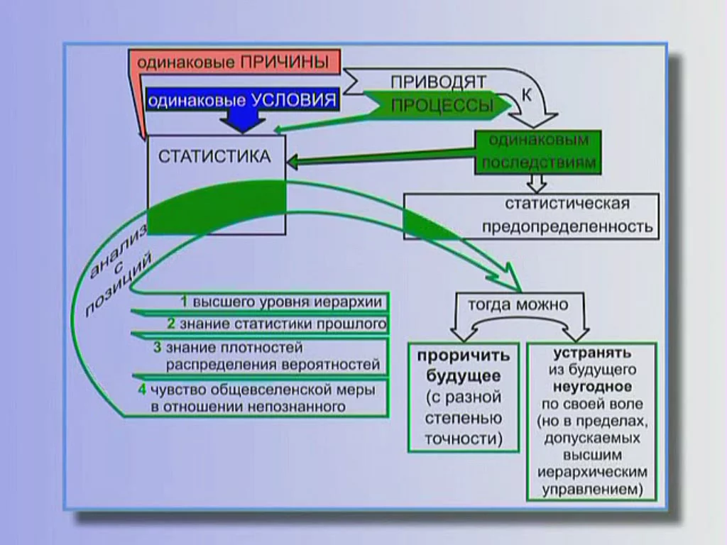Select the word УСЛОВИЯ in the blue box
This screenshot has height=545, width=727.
[293, 100]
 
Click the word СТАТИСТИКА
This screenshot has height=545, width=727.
[214, 157]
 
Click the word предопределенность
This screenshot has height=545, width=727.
[567, 227]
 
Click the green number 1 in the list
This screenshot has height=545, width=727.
[183, 302]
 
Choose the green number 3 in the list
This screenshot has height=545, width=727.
[158, 348]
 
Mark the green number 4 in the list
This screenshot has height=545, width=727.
[142, 390]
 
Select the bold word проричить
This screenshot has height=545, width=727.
[464, 356]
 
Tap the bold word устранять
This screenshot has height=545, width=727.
[592, 353]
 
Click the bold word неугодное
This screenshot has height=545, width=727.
[592, 387]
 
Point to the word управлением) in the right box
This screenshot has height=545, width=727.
[592, 490]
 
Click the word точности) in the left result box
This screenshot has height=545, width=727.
[464, 439]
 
